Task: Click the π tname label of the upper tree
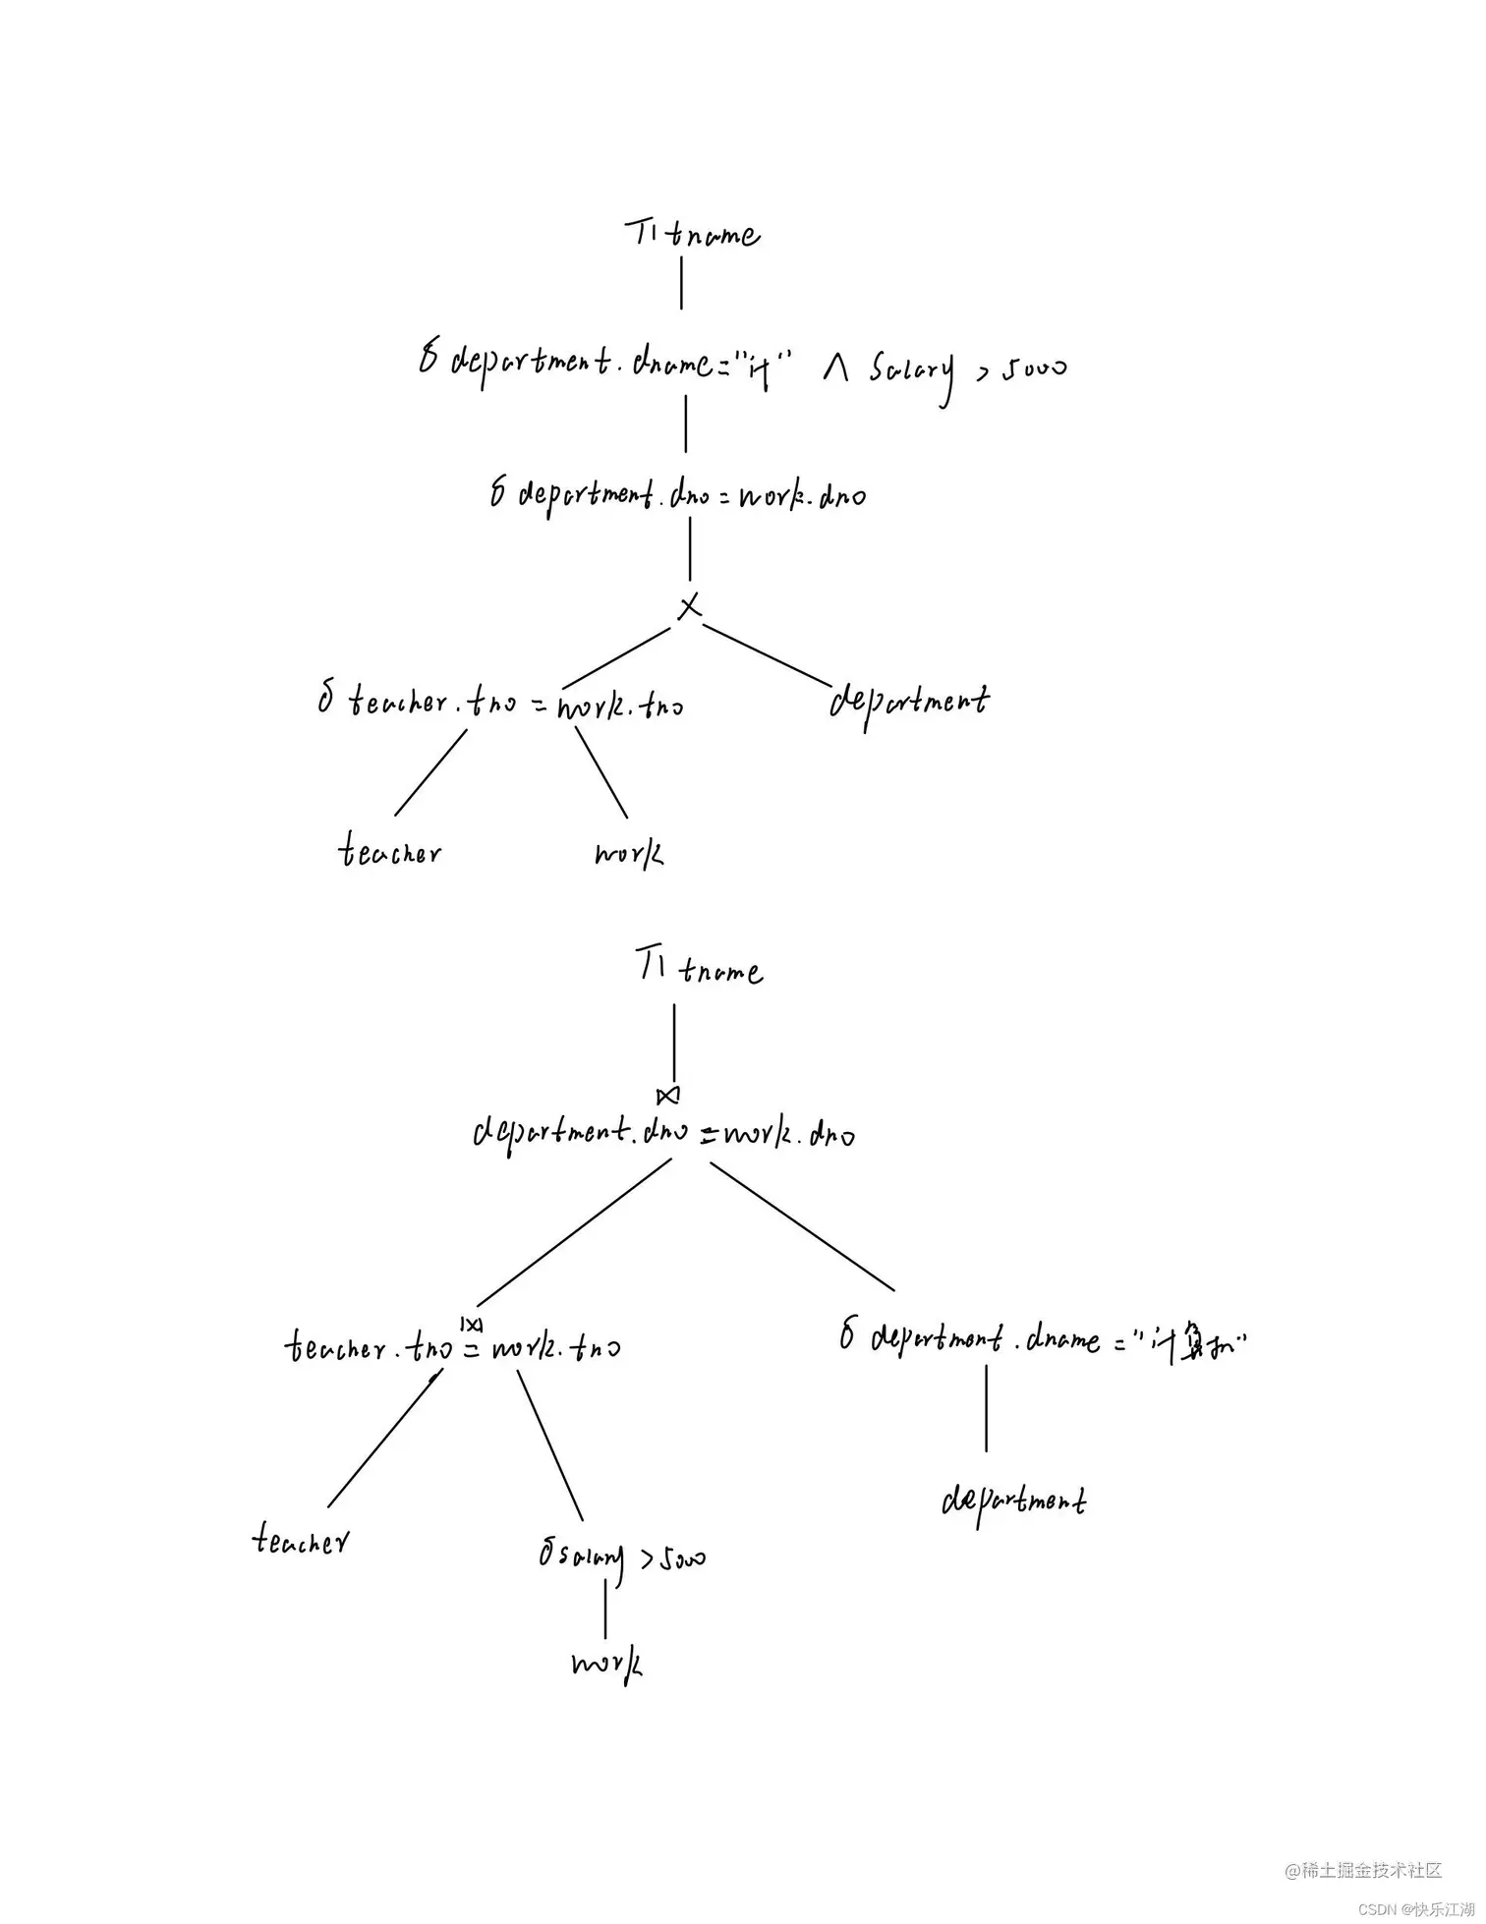pyautogui.click(x=692, y=234)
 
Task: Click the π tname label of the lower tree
pyautogui.click(x=699, y=969)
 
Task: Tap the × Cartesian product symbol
pyautogui.click(x=690, y=606)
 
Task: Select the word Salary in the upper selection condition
pyautogui.click(x=910, y=371)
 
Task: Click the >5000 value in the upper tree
pyautogui.click(x=1021, y=369)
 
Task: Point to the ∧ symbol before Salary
pyautogui.click(x=835, y=369)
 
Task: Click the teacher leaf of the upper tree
pyautogui.click(x=390, y=850)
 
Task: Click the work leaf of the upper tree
pyautogui.click(x=628, y=852)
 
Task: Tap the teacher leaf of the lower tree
pyautogui.click(x=300, y=1539)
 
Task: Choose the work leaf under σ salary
pyautogui.click(x=606, y=1663)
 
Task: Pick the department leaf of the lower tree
pyautogui.click(x=1013, y=1501)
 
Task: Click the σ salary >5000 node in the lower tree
pyautogui.click(x=621, y=1557)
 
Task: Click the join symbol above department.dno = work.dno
pyautogui.click(x=668, y=1095)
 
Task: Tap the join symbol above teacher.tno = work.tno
pyautogui.click(x=471, y=1324)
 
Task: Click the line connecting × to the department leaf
pyautogui.click(x=767, y=653)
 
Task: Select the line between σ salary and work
pyautogui.click(x=604, y=1609)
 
